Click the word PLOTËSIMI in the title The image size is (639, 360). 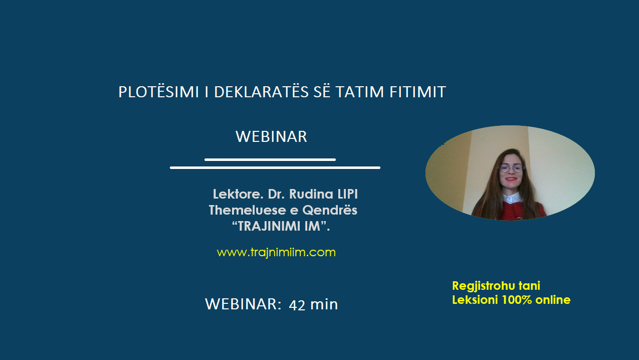[x=158, y=91]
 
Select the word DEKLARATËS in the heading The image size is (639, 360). [x=261, y=91]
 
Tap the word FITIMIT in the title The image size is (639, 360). [x=417, y=92]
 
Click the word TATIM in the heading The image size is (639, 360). [x=360, y=92]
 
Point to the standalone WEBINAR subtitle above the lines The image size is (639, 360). [x=271, y=136]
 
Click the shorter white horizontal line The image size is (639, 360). [x=270, y=159]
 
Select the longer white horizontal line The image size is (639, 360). [x=275, y=167]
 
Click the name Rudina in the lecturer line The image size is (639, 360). [x=311, y=194]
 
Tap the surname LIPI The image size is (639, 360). [x=348, y=194]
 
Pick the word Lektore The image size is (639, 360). [x=238, y=194]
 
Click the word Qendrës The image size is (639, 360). [x=330, y=211]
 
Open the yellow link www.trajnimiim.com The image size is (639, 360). [x=276, y=252]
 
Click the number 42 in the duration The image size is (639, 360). [x=297, y=305]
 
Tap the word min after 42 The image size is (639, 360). [x=324, y=304]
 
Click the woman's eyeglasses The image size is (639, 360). [x=511, y=168]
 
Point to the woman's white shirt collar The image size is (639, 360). [x=512, y=198]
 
